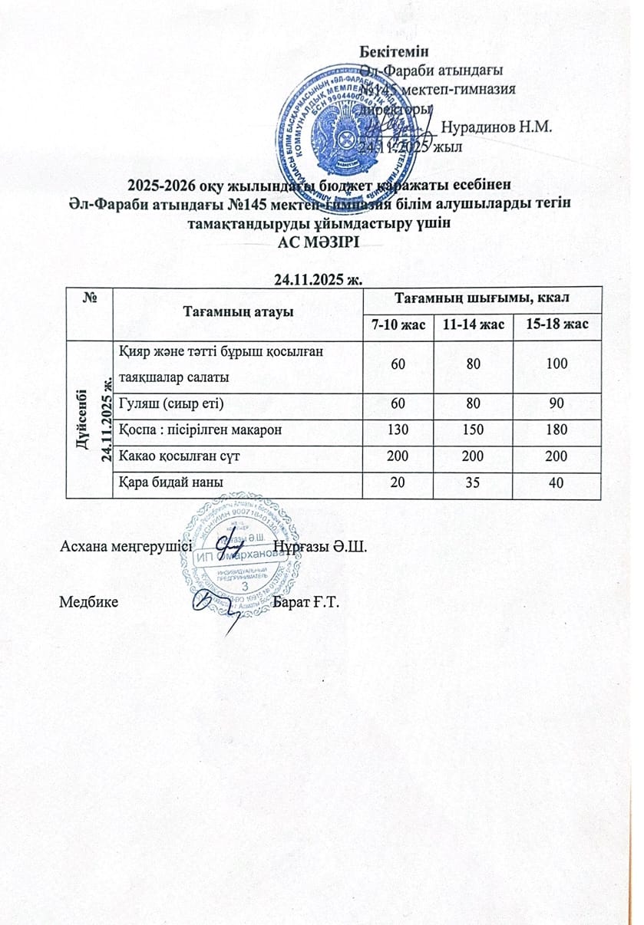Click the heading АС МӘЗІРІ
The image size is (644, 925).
(x=321, y=242)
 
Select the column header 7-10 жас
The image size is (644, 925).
(x=398, y=325)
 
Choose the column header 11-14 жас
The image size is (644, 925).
(x=473, y=325)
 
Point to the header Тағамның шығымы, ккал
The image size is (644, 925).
(x=481, y=295)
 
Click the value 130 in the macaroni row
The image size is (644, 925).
(x=398, y=430)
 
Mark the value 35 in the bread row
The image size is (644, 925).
(x=473, y=482)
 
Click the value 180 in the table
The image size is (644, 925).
(x=556, y=430)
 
